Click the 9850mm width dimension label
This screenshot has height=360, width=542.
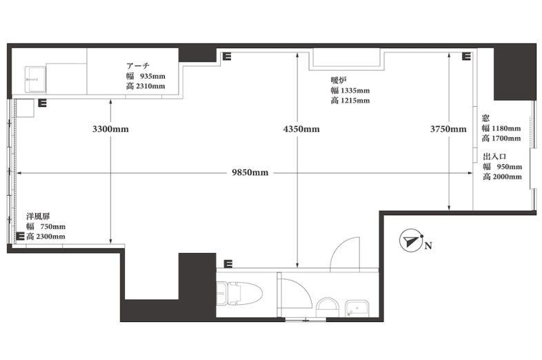tap(250, 172)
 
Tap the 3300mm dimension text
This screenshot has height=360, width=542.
tap(110, 129)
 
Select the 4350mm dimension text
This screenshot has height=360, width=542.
tap(301, 129)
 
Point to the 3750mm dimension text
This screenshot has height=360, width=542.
tap(448, 129)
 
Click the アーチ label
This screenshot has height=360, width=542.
tap(138, 66)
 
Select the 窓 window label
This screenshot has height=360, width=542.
tap(485, 118)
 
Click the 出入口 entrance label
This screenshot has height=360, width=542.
tap(494, 157)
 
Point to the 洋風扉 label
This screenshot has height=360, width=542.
tap(38, 217)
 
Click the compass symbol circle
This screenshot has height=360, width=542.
tap(411, 241)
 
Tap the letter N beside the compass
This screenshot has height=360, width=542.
tap(428, 246)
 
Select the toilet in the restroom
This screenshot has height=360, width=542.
tap(239, 293)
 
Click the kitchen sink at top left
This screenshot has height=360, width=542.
tap(35, 79)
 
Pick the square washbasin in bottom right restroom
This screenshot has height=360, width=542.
tap(357, 308)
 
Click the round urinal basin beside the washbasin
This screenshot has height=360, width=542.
tap(327, 307)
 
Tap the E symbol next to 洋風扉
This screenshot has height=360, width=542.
tap(21, 236)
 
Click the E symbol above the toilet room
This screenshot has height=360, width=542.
tap(228, 264)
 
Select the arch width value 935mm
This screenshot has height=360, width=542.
tap(152, 76)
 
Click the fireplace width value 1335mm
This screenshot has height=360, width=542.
tap(355, 90)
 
